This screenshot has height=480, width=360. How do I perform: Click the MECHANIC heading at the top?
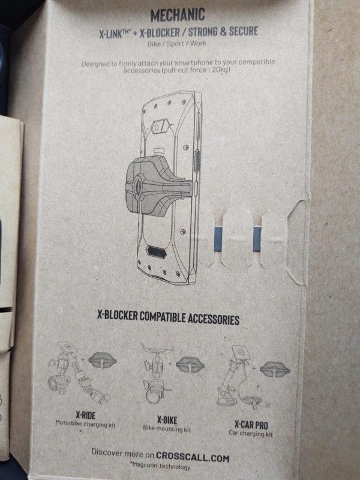click(x=178, y=14)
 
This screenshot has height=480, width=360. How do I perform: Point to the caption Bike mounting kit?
click(x=167, y=428)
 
